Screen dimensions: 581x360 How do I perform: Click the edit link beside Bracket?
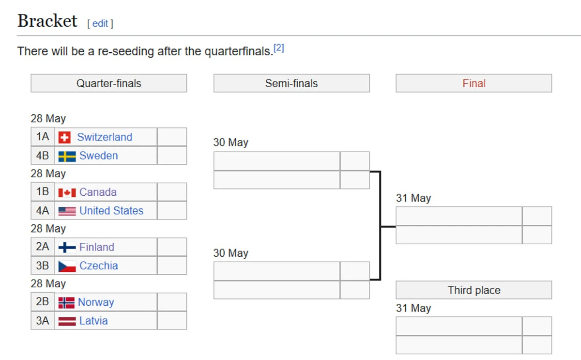pos(100,24)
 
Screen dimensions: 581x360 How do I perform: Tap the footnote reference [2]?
pos(279,48)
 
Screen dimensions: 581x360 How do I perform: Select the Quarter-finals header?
pos(108,83)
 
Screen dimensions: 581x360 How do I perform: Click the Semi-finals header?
pos(291,83)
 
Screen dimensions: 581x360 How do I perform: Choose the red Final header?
pos(474,83)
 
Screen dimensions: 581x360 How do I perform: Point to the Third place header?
pos(474,290)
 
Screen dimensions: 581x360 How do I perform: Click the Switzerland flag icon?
pos(64,137)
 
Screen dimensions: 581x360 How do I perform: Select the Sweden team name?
pos(99,156)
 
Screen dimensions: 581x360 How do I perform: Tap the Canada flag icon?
pos(67,192)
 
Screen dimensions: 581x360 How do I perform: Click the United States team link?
pos(111,210)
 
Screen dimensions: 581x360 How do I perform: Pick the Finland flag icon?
pos(67,248)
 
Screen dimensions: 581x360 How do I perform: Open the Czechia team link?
pos(99,266)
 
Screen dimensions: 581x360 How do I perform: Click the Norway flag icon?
pos(66,303)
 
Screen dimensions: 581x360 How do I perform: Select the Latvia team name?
pos(93,321)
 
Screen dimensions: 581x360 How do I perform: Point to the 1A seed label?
pos(43,137)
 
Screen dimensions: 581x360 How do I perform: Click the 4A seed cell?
pos(43,210)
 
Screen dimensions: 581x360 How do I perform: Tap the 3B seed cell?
pos(43,266)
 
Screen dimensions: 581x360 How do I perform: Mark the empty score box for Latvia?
pos(172,321)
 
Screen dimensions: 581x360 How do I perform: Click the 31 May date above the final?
pos(413,198)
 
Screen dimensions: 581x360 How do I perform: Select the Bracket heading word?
pos(47,21)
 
